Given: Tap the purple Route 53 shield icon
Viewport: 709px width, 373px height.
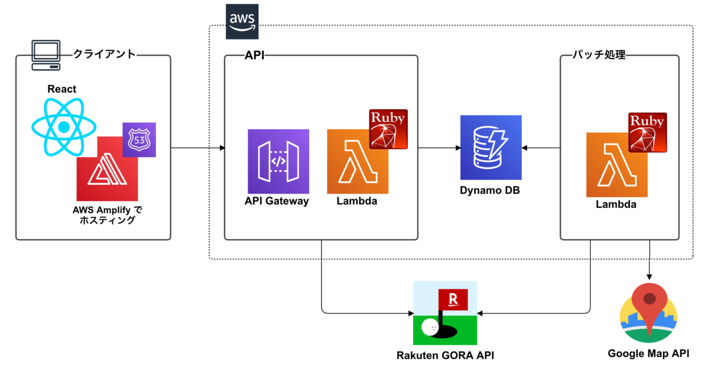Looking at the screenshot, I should tap(139, 139).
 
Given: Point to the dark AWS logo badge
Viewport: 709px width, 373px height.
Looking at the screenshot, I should tap(242, 22).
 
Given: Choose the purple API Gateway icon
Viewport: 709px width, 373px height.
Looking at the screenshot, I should tap(278, 161).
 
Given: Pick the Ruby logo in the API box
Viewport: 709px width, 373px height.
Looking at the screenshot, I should tap(388, 129).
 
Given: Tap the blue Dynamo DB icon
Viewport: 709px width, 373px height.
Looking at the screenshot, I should tap(491, 148).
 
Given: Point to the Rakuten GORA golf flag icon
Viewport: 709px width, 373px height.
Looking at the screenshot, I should tap(445, 313).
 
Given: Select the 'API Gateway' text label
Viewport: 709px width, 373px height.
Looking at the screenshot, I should tap(277, 201).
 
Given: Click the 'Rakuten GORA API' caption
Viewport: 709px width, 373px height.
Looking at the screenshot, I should tap(445, 355).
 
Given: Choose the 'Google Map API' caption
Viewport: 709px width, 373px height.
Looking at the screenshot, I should tap(648, 354).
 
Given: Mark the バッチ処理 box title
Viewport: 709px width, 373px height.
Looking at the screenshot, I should tap(599, 55).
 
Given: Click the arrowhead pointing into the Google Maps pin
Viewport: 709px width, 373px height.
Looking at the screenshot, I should tap(650, 277).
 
